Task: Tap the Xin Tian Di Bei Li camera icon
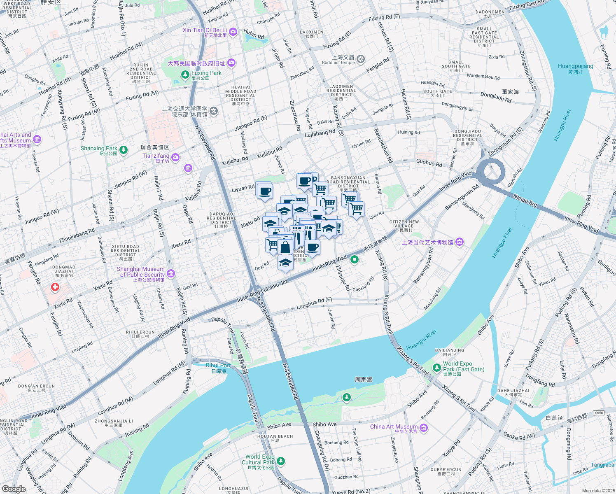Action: click(x=233, y=32)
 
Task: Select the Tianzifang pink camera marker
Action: click(x=175, y=158)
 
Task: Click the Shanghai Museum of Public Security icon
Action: click(x=171, y=274)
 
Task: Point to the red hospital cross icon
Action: click(x=55, y=287)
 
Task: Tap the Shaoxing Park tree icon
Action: click(x=124, y=150)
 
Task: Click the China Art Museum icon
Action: click(x=424, y=429)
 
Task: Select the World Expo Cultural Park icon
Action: click(x=281, y=461)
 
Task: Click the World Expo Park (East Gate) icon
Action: click(x=437, y=367)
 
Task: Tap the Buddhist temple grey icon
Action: click(x=361, y=60)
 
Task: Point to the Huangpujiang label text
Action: click(x=575, y=66)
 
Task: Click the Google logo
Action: click(x=14, y=489)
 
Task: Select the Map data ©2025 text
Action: click(x=598, y=491)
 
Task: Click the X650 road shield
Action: click(x=599, y=412)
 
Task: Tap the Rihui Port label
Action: click(x=218, y=365)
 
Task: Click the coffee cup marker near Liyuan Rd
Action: click(x=265, y=191)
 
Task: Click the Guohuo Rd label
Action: click(x=429, y=163)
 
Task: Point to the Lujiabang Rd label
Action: click(x=320, y=133)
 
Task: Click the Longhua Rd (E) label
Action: click(x=314, y=303)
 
